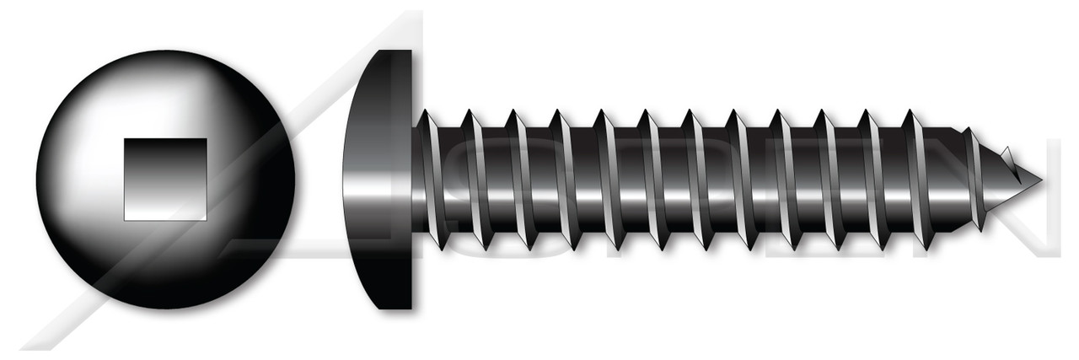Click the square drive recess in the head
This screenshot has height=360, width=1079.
(x=165, y=180)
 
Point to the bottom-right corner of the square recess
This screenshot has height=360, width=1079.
(x=206, y=219)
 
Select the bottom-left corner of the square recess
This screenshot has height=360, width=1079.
(x=126, y=219)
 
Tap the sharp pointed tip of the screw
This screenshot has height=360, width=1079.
(x=1039, y=180)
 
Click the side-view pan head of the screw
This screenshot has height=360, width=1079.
(x=379, y=180)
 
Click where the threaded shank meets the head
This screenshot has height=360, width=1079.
(x=412, y=180)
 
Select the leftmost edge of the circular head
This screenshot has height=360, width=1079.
(x=37, y=180)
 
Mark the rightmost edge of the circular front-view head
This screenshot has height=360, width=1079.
(x=294, y=180)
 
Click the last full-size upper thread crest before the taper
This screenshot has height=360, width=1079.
(x=909, y=111)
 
